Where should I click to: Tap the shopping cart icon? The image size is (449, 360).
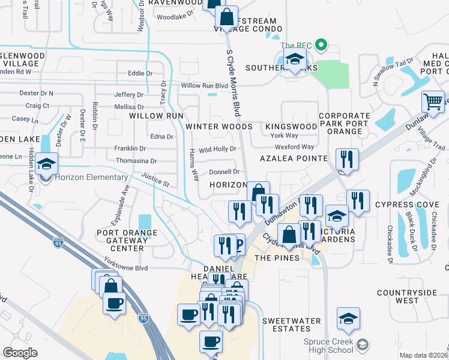click(x=432, y=101)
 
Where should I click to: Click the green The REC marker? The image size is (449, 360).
click(x=321, y=46)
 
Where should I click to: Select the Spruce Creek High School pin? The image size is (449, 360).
click(x=362, y=344)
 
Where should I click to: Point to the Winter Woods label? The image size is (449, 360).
click(x=218, y=127)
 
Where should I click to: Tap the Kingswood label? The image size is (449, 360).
click(x=291, y=127)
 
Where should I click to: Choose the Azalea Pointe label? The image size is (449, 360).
click(x=294, y=158)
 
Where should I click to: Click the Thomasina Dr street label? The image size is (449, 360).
click(x=136, y=161)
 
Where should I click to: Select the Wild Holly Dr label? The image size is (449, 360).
click(x=217, y=149)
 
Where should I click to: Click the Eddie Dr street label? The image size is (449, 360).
click(x=140, y=73)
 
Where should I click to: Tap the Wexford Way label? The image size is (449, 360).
click(x=295, y=147)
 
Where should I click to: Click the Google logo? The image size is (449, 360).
click(x=20, y=353)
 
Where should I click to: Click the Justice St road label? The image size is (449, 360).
click(x=155, y=179)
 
